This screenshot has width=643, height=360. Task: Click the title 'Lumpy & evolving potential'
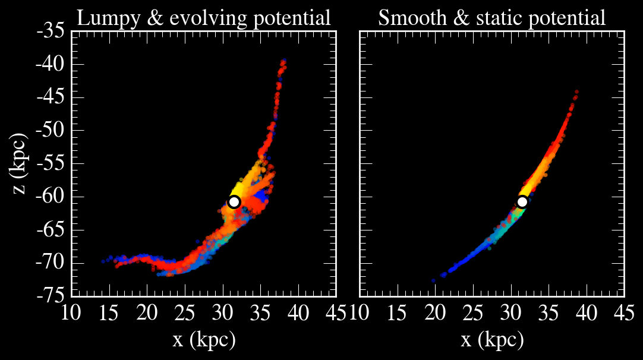point(204,18)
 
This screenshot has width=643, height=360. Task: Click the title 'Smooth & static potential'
point(492,18)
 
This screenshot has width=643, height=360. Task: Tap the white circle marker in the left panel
point(234,201)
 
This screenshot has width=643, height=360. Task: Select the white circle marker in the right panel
point(522,201)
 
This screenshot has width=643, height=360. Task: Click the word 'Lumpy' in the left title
point(103,18)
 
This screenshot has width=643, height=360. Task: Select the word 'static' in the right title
point(517,18)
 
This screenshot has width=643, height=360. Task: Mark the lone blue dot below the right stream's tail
point(434,280)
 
